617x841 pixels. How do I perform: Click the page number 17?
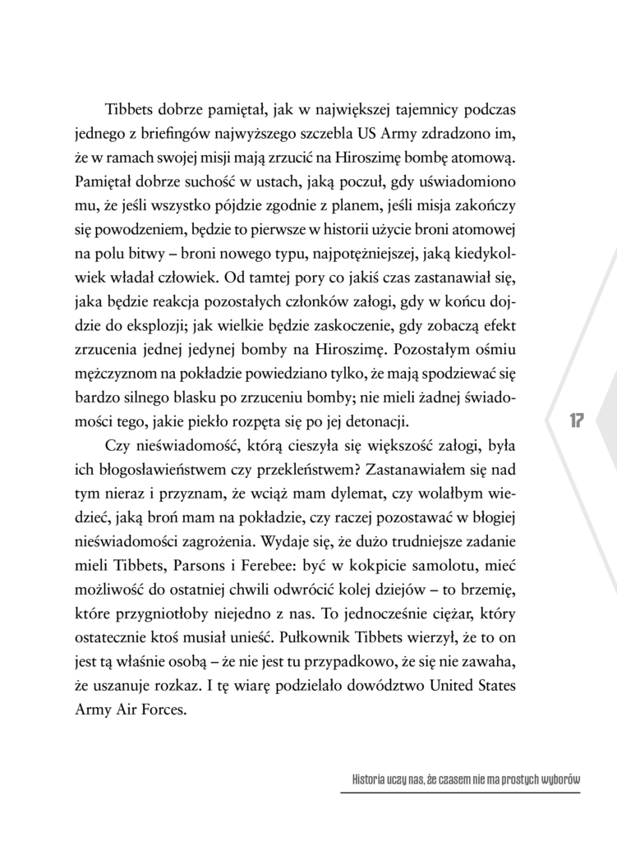(574, 420)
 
